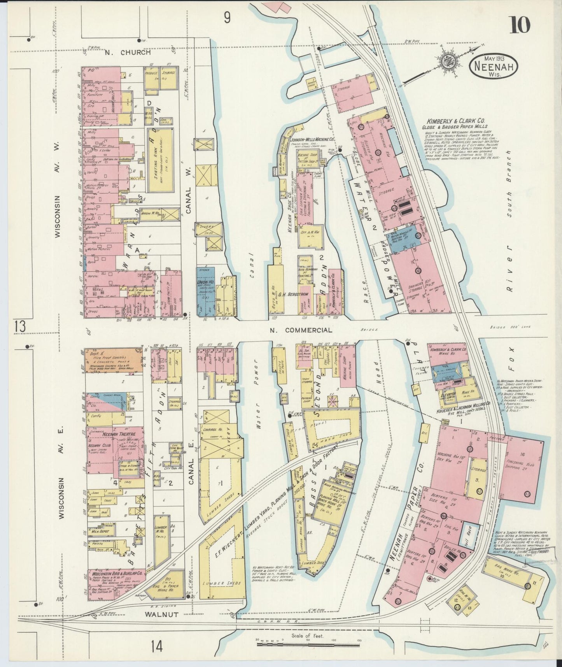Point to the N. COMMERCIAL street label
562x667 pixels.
(301, 330)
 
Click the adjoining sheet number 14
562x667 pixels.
(158, 647)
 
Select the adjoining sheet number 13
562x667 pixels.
(20, 326)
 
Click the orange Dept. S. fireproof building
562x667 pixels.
(113, 360)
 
